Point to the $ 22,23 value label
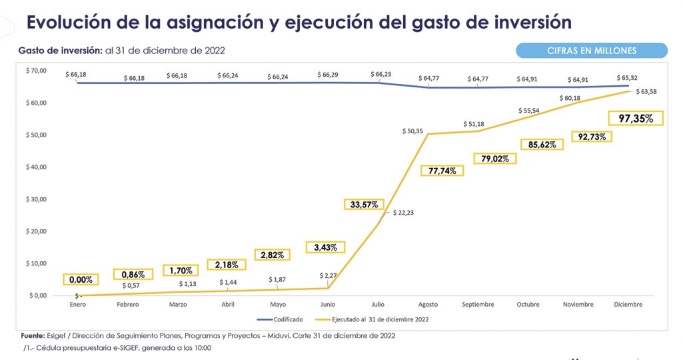point(403,212)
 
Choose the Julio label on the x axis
point(378,305)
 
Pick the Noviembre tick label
point(578,305)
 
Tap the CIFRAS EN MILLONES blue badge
point(592,51)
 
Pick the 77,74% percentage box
point(442,171)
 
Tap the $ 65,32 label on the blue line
point(627,78)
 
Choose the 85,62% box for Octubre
point(542,144)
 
